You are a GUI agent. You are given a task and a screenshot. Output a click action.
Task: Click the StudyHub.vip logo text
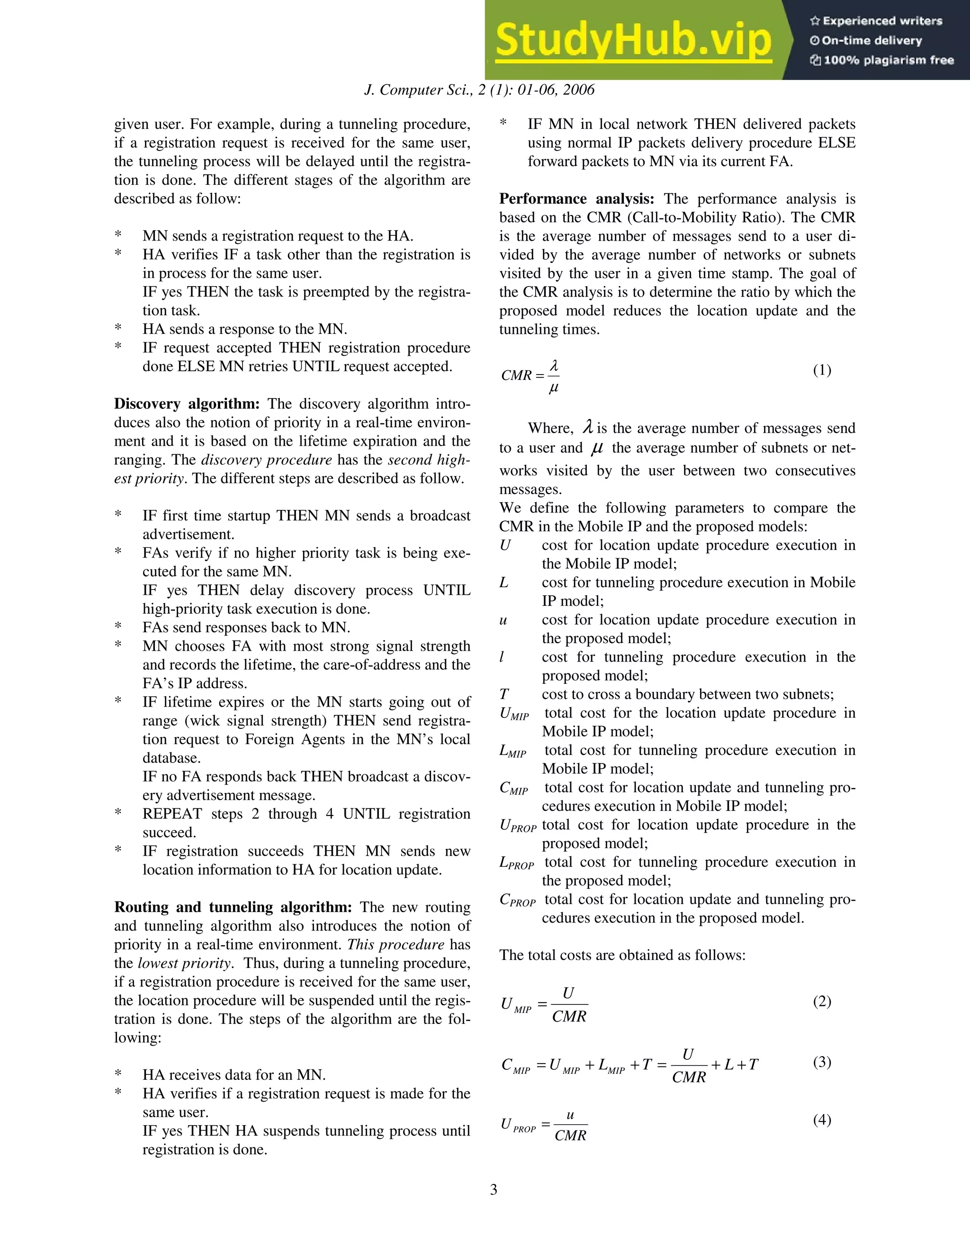(633, 40)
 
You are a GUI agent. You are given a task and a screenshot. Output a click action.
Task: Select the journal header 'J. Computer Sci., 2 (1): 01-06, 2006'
(479, 90)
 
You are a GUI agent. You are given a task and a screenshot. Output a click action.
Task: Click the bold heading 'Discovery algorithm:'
(187, 404)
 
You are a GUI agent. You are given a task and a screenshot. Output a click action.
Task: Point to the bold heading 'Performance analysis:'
(576, 199)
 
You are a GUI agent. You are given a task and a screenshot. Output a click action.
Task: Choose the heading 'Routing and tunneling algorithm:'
(233, 907)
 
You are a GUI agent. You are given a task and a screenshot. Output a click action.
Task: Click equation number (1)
(822, 370)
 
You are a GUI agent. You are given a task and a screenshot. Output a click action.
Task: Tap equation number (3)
(822, 1062)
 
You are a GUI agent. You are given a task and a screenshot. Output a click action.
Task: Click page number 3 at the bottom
(494, 1190)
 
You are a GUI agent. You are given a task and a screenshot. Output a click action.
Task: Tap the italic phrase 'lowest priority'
(184, 963)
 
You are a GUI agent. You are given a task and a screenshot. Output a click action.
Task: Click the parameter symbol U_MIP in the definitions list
(514, 714)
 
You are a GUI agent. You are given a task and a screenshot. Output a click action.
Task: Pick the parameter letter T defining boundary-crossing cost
(504, 695)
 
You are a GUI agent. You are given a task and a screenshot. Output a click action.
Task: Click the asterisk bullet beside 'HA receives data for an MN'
(118, 1075)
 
